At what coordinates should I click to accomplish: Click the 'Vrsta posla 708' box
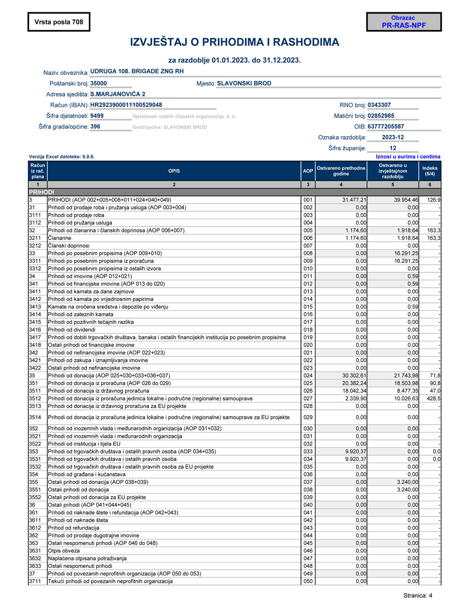point(59,22)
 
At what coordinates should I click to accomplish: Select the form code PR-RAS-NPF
point(404,25)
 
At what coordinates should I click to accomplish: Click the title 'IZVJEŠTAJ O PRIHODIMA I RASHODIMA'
point(235,42)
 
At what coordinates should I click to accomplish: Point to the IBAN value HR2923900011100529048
point(126,105)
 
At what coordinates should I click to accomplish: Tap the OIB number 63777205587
point(386,127)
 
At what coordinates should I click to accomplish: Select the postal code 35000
point(98,83)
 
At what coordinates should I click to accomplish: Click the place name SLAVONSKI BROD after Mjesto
point(244,83)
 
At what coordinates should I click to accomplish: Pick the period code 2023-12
point(393,138)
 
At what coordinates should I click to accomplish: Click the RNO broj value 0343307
point(379,105)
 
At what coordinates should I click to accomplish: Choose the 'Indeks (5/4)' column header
point(430,171)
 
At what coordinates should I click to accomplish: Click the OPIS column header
point(174,171)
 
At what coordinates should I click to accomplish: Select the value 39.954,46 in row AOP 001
point(406,200)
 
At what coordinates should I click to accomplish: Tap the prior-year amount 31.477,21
point(354,200)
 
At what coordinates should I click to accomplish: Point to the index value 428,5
point(433,398)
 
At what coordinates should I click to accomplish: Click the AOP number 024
point(308,376)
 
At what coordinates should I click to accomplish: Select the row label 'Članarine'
point(60,238)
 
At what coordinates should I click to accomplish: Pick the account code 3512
point(35,398)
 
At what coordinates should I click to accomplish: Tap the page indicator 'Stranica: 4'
point(418,596)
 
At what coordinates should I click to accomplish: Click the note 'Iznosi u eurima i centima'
point(408,157)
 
